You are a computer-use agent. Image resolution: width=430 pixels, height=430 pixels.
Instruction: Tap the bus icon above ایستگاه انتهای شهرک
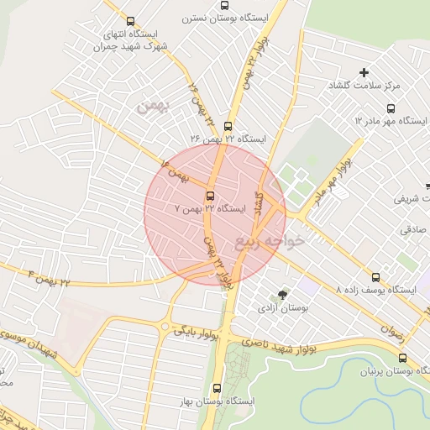(x=129, y=22)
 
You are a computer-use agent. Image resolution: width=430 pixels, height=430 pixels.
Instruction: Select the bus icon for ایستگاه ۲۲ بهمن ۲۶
(x=228, y=126)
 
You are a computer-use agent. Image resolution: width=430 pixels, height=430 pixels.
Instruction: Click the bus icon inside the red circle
(x=210, y=197)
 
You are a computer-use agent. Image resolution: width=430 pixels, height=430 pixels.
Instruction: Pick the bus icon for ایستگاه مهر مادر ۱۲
(x=391, y=108)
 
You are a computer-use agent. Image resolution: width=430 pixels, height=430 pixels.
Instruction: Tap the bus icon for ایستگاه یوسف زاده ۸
(x=375, y=276)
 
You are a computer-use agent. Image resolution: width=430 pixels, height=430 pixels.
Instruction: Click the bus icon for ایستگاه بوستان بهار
(x=218, y=388)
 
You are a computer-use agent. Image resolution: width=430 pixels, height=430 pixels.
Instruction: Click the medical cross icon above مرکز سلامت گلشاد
(x=364, y=73)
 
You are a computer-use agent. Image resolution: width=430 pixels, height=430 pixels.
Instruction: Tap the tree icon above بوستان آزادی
(x=281, y=294)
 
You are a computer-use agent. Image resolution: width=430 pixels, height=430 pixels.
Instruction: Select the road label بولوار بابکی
(x=197, y=331)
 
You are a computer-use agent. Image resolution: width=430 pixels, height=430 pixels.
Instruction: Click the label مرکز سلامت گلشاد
(x=391, y=87)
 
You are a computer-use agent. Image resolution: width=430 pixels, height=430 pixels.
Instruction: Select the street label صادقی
(x=412, y=228)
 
